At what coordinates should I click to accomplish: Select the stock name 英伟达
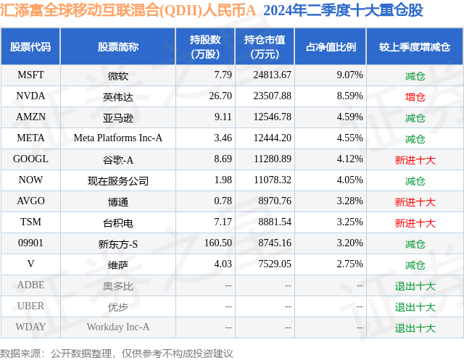[x=117, y=96]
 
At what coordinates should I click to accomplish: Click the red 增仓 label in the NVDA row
[x=415, y=96]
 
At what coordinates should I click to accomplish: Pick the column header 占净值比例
[x=331, y=47]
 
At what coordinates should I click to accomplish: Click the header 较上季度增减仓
[x=415, y=47]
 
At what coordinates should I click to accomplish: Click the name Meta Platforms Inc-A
[x=118, y=138]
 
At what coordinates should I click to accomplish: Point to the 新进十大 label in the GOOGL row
[x=415, y=159]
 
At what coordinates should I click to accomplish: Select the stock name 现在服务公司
[x=118, y=180]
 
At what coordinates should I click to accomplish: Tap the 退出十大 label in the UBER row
[x=415, y=306]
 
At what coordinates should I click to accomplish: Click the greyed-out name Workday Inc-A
[x=118, y=327]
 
